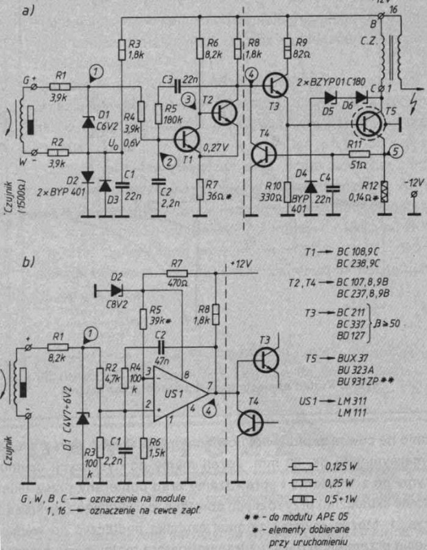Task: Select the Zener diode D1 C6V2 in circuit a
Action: [88, 122]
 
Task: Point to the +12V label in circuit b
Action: [243, 263]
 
